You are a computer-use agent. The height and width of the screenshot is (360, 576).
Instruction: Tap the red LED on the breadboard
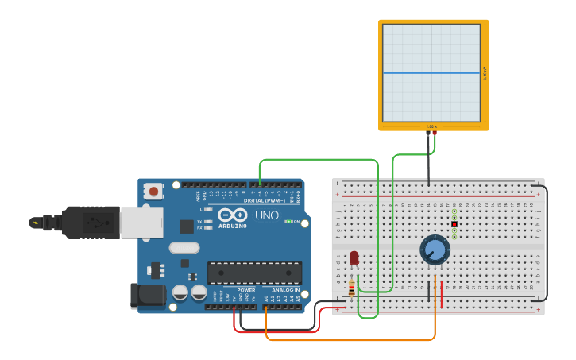(x=354, y=258)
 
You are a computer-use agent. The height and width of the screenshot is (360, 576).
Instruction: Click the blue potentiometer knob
(x=435, y=250)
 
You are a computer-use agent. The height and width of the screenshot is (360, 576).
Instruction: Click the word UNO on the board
(x=266, y=215)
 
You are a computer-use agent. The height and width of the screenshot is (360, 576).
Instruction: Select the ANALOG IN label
(x=287, y=290)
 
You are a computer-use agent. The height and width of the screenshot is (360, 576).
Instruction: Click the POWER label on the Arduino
(x=246, y=290)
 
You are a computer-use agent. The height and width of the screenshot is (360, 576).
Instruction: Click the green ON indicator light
(x=288, y=221)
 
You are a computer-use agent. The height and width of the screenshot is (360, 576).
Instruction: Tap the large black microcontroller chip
(x=254, y=273)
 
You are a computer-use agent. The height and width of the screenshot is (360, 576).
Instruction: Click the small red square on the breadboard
(x=454, y=224)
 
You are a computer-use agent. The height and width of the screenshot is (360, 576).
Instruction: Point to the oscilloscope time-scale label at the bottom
(x=431, y=126)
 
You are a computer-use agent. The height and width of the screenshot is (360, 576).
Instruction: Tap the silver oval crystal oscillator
(x=184, y=247)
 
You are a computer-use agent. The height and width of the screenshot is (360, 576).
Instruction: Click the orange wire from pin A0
(x=350, y=340)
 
